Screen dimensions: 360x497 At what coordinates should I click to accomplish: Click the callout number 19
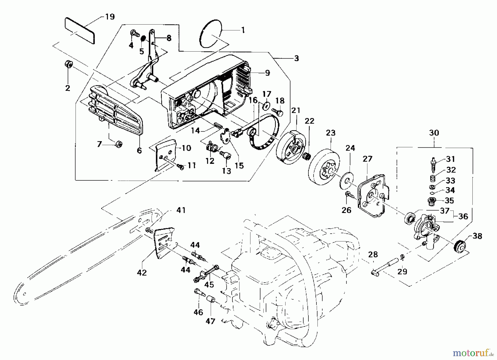point(110,17)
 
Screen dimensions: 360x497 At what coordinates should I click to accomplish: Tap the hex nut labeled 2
point(68,64)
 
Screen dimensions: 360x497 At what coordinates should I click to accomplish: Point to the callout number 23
point(331,133)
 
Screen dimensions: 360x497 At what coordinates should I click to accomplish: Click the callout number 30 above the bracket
point(434,133)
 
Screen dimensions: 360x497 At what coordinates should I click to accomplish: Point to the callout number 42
point(142,273)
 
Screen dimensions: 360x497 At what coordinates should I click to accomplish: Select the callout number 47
point(210,321)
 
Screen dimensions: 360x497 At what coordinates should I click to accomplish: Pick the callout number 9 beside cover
point(267,73)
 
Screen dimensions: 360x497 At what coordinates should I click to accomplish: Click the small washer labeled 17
point(266,105)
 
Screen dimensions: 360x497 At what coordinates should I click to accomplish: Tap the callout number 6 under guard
point(139,150)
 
